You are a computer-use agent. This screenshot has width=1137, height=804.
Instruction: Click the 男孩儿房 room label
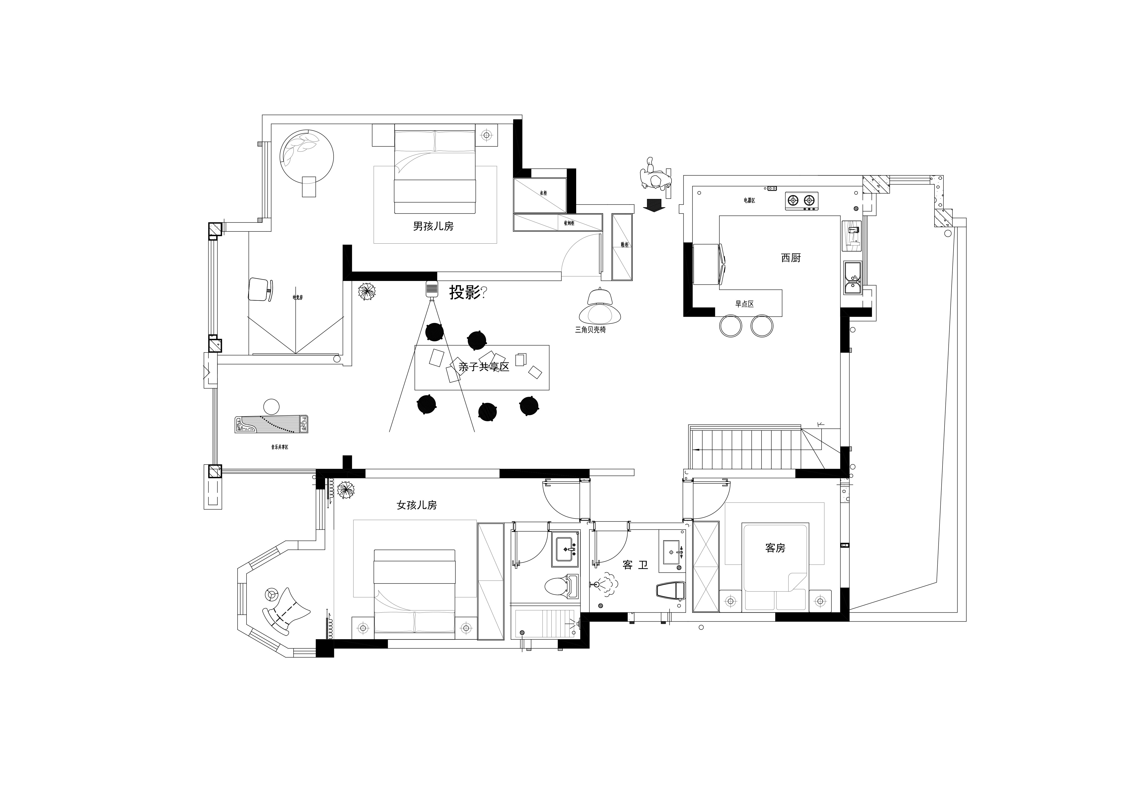(x=433, y=226)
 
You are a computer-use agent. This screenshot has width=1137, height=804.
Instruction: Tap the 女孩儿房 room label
(x=416, y=505)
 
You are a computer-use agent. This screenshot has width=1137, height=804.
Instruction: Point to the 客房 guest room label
(x=775, y=548)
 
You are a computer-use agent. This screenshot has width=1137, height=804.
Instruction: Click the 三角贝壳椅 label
(x=590, y=329)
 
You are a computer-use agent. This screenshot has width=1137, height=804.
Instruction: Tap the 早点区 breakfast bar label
(x=744, y=304)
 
